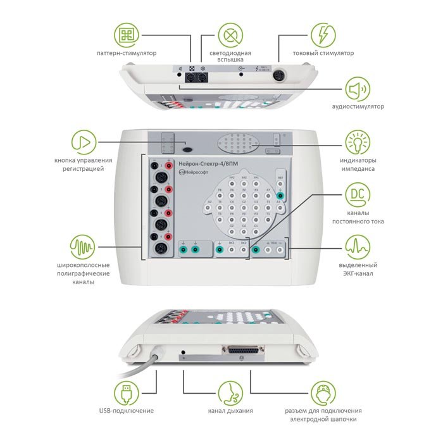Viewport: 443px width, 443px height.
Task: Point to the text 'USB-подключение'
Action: (127, 411)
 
